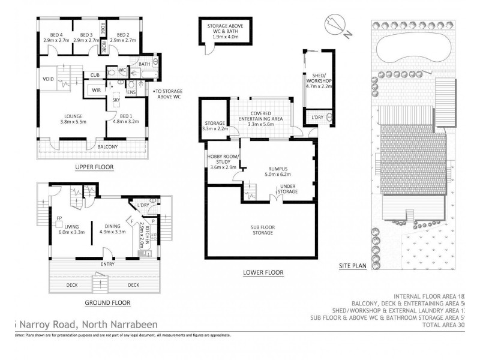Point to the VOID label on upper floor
tap(49, 79)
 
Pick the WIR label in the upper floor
tap(95, 90)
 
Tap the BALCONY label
tap(108, 146)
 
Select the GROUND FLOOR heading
tap(108, 302)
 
